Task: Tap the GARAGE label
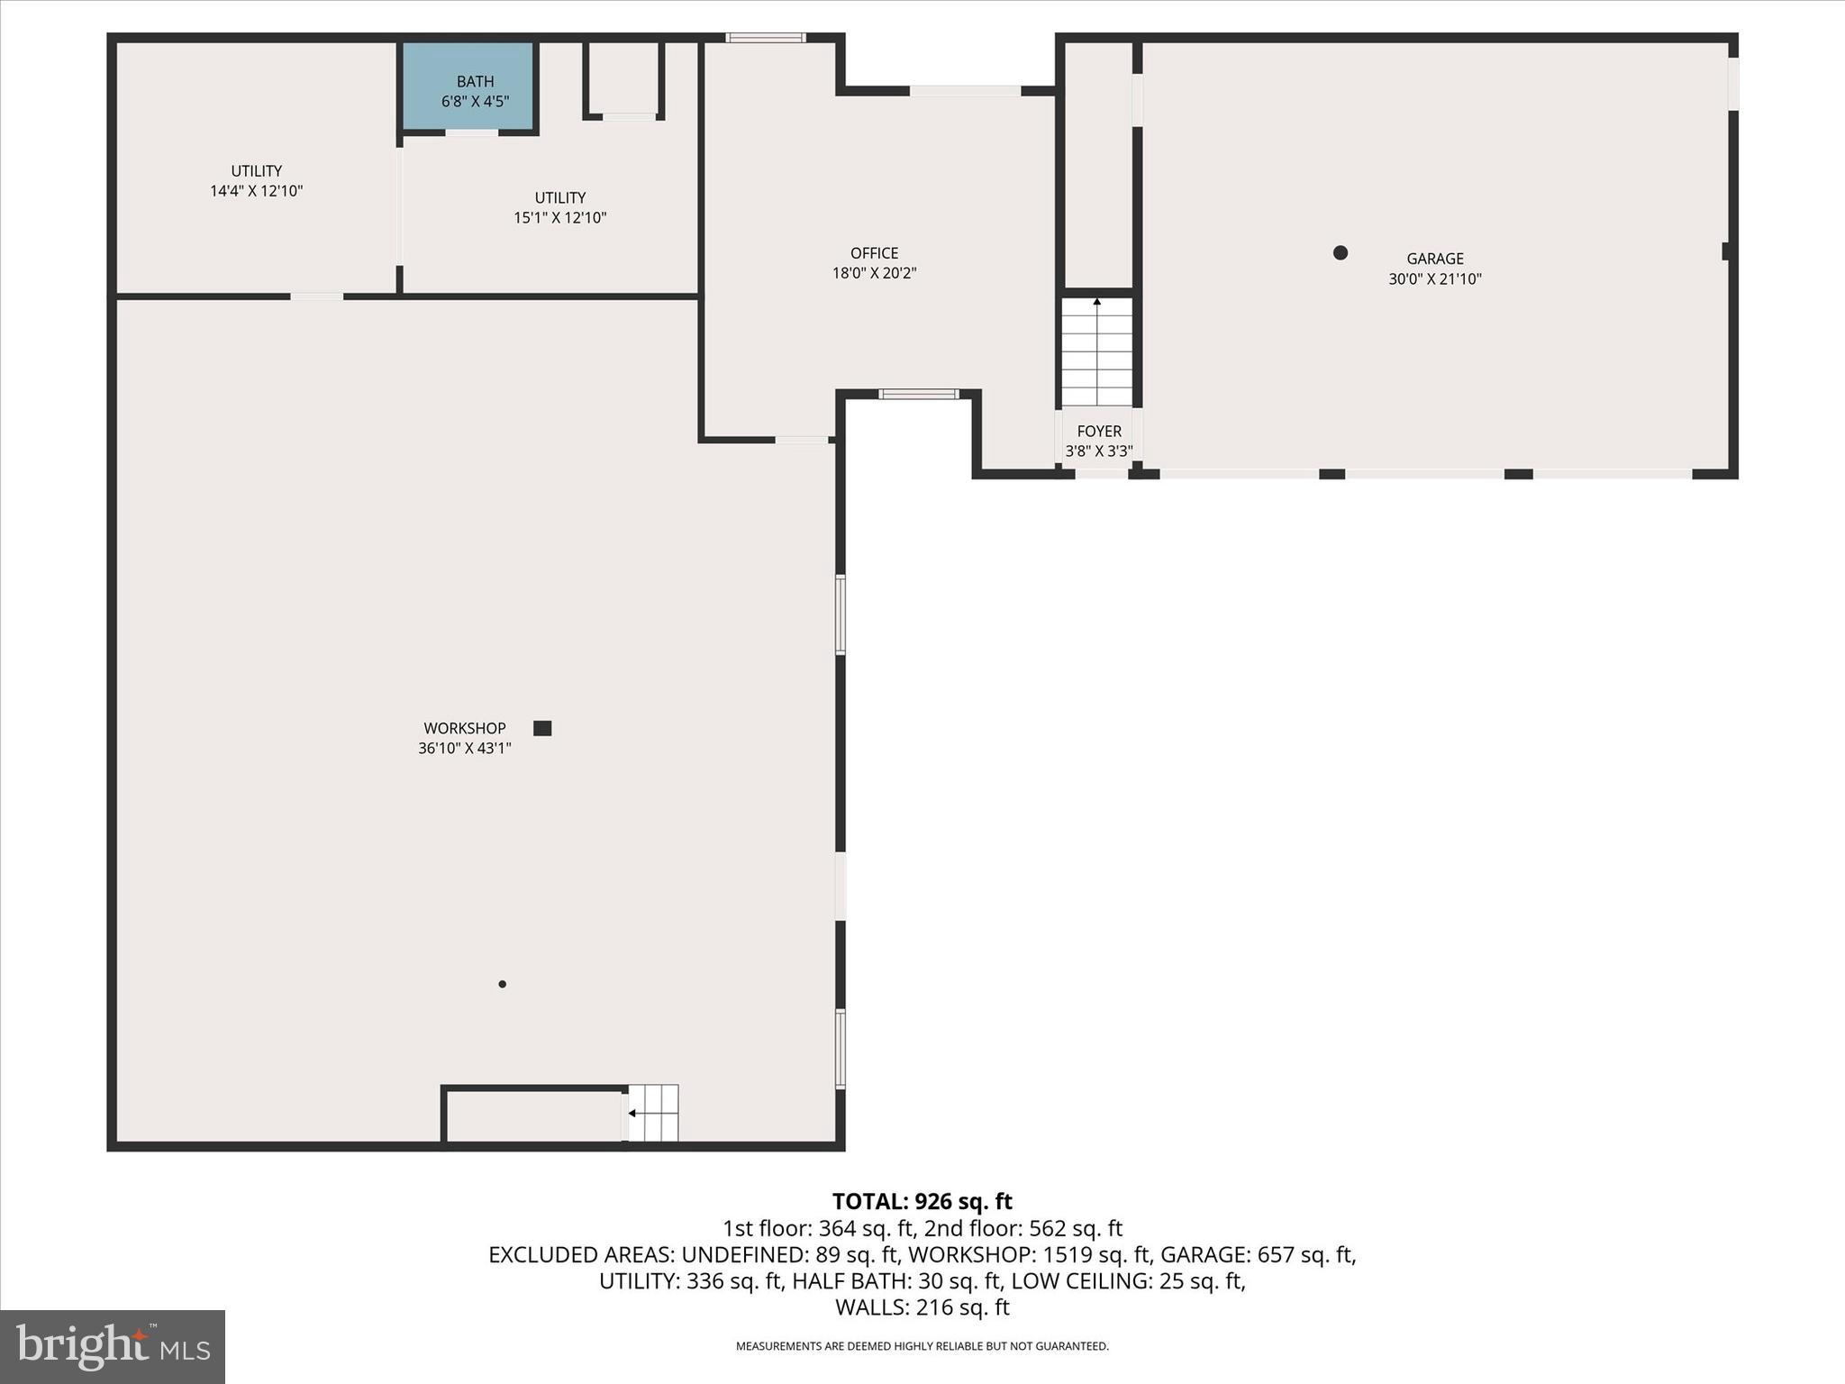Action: (x=1434, y=259)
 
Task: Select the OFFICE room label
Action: (x=874, y=253)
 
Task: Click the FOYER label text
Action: (x=1098, y=432)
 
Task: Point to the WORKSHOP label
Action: (x=465, y=728)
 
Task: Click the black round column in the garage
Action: (x=1340, y=253)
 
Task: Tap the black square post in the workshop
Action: (x=542, y=728)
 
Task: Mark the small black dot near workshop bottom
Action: (x=502, y=984)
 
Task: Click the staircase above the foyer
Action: (x=1096, y=352)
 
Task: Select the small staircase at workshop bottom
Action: (x=653, y=1113)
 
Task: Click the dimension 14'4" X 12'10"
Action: (x=256, y=191)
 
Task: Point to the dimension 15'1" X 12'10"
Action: (x=559, y=218)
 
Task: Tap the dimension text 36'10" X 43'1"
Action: (x=464, y=748)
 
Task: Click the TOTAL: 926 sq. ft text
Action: (x=922, y=1201)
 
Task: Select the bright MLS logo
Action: (x=112, y=1346)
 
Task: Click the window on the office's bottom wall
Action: (x=918, y=394)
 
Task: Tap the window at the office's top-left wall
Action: (x=765, y=38)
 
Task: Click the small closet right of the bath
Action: (x=623, y=79)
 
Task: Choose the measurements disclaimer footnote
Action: (x=922, y=1346)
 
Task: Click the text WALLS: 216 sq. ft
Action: (x=922, y=1307)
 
